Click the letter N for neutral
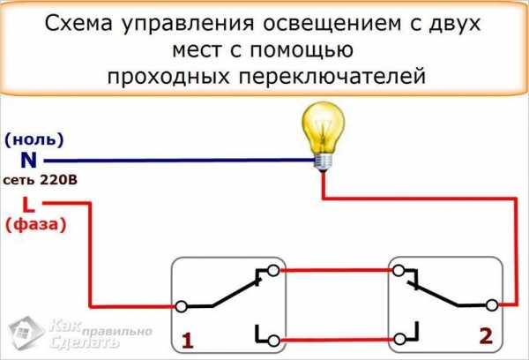click(28, 161)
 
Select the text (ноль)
click(34, 140)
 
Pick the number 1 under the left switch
click(187, 339)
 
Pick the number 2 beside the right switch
click(484, 335)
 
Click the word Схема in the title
click(80, 24)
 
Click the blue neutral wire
click(176, 161)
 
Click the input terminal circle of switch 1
click(181, 306)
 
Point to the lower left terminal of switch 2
click(399, 339)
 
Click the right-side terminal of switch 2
click(491, 306)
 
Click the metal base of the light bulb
click(323, 159)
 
